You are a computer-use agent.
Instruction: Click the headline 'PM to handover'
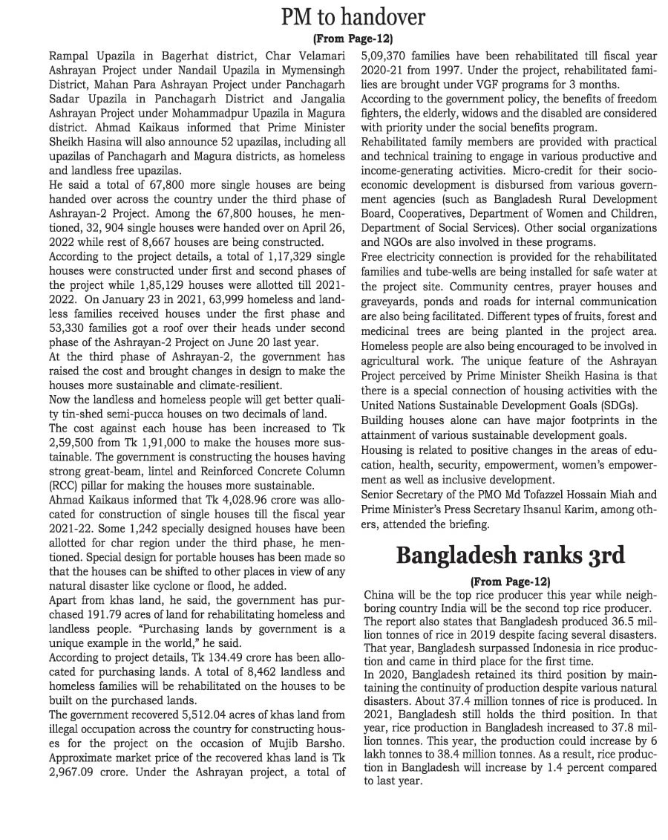coord(353,18)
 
